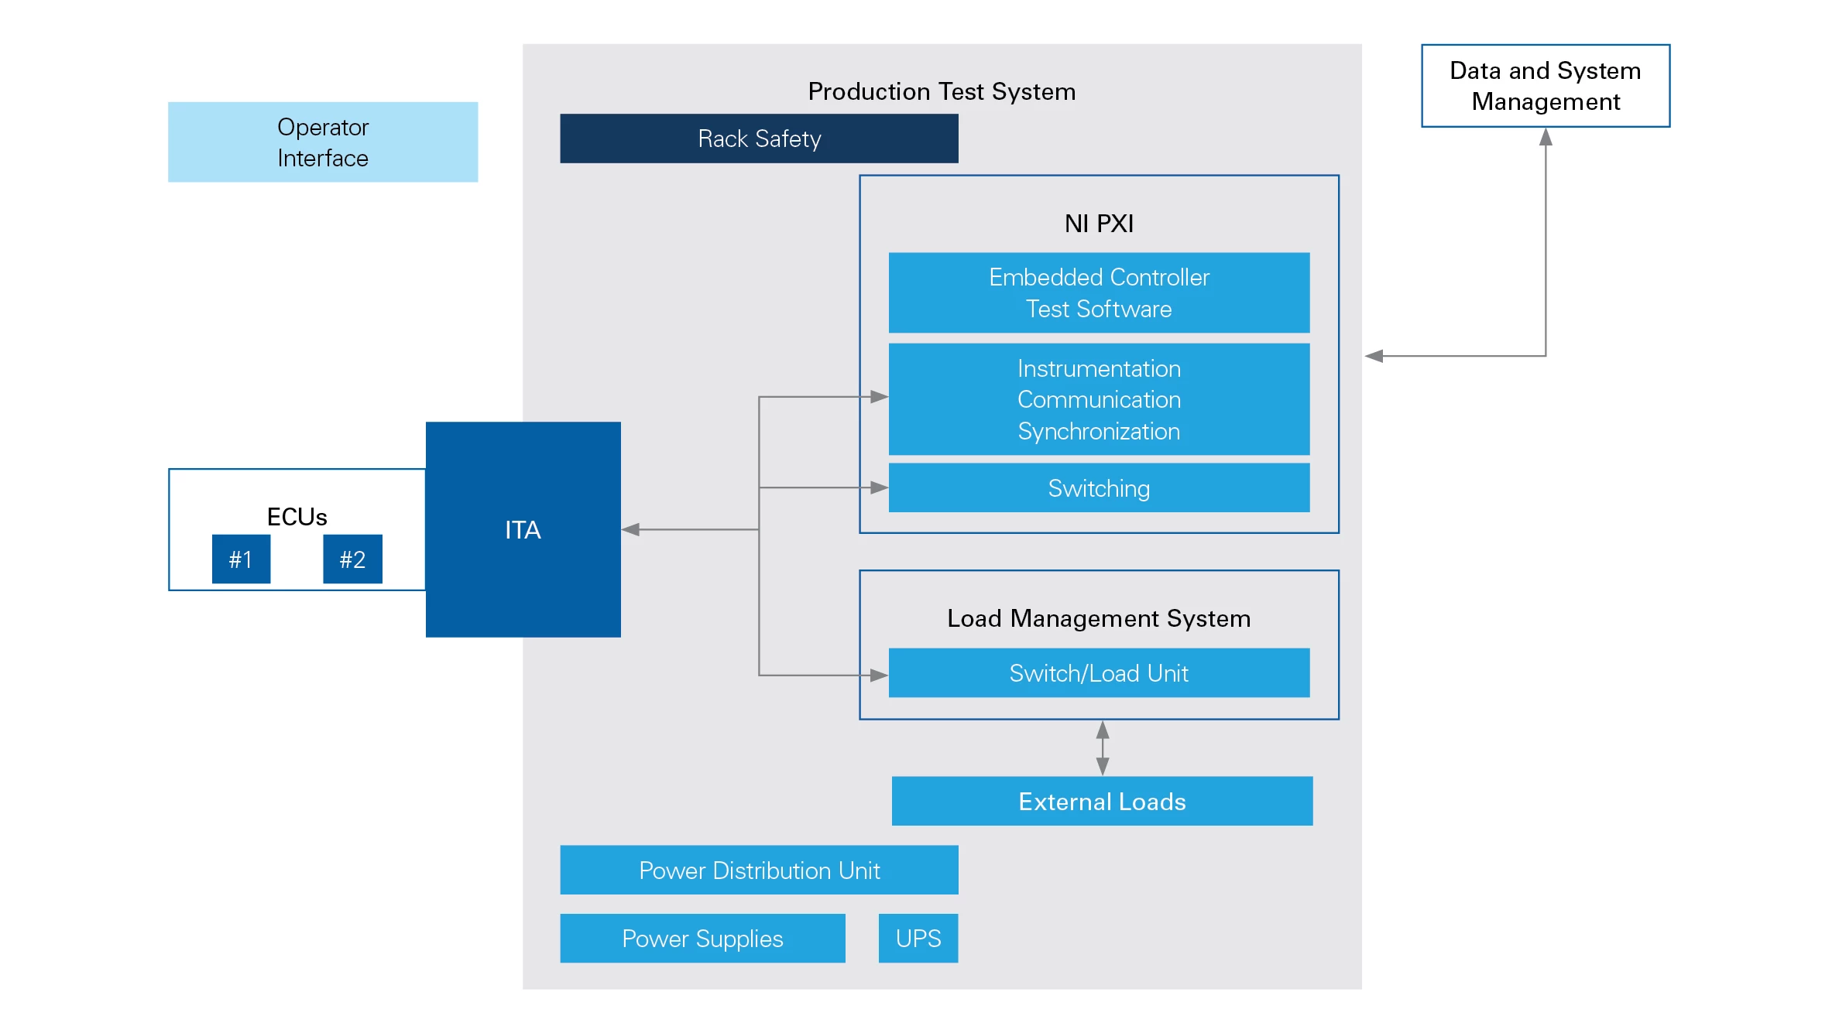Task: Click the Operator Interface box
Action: click(323, 142)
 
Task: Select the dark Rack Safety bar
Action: click(759, 139)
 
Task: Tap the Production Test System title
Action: click(942, 91)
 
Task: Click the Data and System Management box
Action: click(1546, 86)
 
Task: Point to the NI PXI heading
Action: click(1099, 224)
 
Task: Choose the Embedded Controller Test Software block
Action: click(1099, 292)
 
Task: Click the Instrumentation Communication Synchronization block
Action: click(1099, 399)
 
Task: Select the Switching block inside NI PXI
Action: click(1099, 488)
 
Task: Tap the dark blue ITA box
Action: click(523, 529)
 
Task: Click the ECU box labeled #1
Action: click(241, 559)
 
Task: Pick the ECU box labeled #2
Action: click(352, 559)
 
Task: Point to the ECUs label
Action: click(297, 516)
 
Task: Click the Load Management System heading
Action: click(1099, 618)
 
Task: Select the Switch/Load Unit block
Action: click(1099, 673)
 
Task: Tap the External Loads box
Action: click(1102, 801)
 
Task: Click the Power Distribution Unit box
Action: click(759, 870)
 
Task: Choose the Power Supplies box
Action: click(702, 938)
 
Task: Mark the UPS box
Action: click(918, 938)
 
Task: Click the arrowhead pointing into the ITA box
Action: click(630, 529)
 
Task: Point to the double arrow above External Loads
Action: click(1103, 748)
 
